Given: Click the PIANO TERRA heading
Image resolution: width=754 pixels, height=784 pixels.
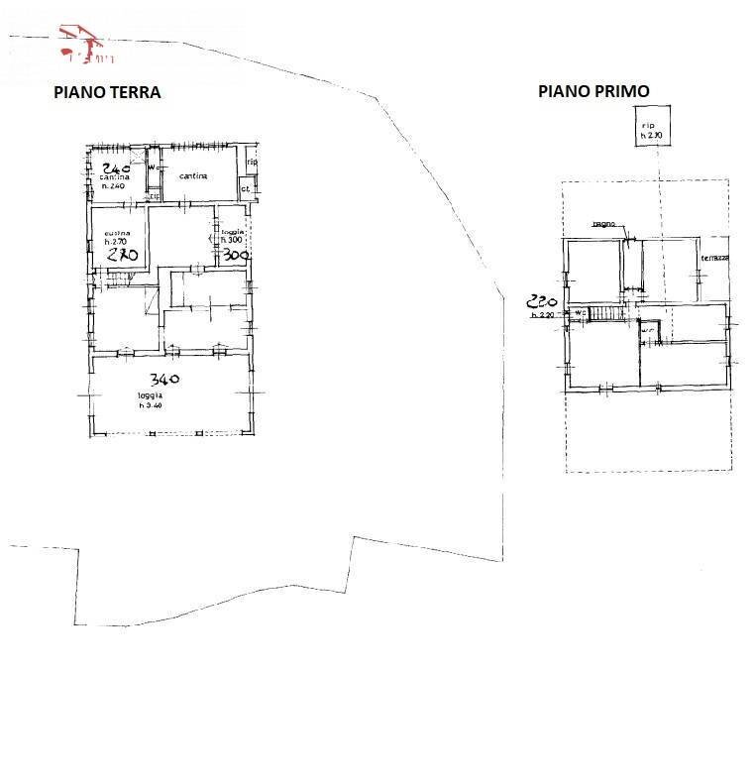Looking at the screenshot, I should click(107, 92).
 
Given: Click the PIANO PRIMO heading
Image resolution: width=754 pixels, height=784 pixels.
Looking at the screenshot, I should click(593, 90).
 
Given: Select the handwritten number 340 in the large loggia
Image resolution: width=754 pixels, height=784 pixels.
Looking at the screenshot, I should click(165, 379).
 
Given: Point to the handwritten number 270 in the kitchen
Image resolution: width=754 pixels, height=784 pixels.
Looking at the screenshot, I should click(122, 254).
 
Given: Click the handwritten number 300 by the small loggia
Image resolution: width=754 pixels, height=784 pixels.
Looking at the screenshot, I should click(235, 255).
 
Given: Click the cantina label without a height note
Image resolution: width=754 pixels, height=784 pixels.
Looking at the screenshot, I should click(192, 176).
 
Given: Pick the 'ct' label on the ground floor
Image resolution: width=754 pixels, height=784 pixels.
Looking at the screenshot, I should click(244, 187).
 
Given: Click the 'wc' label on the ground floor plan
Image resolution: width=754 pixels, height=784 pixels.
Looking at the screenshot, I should click(153, 168).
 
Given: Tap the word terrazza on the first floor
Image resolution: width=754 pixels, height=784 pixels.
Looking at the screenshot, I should click(714, 258).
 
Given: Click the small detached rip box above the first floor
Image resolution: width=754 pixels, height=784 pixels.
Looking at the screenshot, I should click(650, 130).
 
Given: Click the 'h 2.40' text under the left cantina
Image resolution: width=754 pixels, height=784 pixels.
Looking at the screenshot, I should click(114, 186).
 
